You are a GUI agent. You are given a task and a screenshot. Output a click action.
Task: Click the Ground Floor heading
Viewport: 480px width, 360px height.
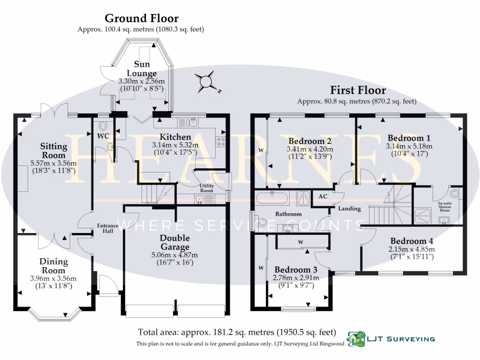tap(141, 19)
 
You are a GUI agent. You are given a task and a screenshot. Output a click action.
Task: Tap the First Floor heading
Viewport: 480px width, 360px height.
tap(358, 90)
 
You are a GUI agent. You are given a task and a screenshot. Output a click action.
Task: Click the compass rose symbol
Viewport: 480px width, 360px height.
tap(207, 82)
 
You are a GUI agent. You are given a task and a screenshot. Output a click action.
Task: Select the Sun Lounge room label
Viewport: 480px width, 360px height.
tap(145, 69)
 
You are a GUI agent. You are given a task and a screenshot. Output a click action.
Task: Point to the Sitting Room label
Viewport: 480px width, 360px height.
tap(52, 151)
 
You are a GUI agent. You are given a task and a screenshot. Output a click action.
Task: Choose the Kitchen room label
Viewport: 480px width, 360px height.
tap(175, 136)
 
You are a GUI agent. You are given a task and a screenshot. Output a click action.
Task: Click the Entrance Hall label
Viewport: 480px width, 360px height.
tap(107, 229)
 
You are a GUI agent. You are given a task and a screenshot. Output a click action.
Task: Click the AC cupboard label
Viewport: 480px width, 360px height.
tap(323, 197)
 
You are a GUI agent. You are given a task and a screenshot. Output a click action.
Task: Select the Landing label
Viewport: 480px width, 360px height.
tap(349, 209)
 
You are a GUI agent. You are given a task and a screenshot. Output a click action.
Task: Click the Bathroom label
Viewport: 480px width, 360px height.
tap(288, 214)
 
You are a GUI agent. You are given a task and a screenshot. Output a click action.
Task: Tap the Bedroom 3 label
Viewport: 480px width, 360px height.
tap(296, 270)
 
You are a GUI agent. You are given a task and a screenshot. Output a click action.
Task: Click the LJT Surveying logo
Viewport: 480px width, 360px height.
tap(390, 338)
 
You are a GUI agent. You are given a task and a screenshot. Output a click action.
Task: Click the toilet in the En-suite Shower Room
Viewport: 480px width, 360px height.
tap(454, 193)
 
